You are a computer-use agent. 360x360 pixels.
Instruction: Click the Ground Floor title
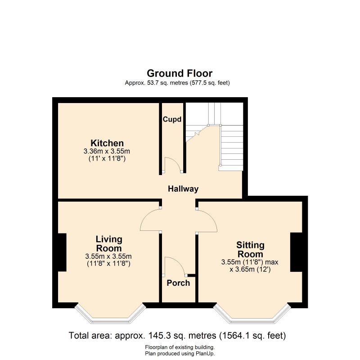(x=180, y=73)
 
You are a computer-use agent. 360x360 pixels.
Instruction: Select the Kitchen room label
(x=107, y=143)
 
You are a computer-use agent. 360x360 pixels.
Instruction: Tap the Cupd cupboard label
(x=172, y=120)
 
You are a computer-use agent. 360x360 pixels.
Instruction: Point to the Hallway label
(x=183, y=189)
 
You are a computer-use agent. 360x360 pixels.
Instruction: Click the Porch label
(x=178, y=283)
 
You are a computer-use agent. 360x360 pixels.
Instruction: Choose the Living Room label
(x=108, y=243)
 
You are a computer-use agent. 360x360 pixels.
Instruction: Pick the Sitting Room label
(x=250, y=249)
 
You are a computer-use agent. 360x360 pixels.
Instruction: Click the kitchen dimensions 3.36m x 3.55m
(x=107, y=151)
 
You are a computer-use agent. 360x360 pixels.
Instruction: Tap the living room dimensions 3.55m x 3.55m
(x=108, y=256)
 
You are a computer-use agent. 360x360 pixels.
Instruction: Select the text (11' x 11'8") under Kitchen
(x=107, y=158)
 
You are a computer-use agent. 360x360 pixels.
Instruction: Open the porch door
(x=175, y=266)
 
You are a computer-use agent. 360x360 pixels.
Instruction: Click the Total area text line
(x=177, y=336)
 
